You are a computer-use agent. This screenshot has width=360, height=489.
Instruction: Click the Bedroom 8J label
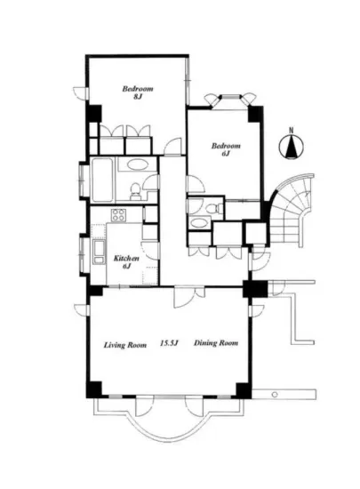pos(138,92)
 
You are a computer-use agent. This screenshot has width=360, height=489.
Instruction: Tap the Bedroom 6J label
pos(226,149)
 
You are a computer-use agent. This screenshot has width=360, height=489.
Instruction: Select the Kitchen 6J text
pos(126,262)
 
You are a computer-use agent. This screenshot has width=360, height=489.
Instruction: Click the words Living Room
pos(125,345)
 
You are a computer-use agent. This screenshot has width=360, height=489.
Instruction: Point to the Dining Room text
pos(216,343)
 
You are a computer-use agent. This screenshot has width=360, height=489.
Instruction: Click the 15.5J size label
pos(169,343)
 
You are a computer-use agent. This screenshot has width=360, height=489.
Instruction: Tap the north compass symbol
pos(292,148)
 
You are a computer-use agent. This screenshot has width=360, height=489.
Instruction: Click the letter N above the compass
pos(292,131)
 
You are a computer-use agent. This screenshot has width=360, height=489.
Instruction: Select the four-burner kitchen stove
pos(119,215)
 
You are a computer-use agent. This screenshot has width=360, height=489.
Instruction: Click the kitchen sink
pos(100,253)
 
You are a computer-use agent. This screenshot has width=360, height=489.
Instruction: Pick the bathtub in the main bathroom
pos(102,180)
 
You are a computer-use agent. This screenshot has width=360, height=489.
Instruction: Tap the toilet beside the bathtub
pos(135,191)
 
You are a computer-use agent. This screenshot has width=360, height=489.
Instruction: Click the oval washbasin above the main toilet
pos(137,164)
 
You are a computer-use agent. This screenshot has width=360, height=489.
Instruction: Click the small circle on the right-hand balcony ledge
pos(275,395)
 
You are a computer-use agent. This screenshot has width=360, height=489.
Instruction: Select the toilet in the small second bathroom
pos(214,208)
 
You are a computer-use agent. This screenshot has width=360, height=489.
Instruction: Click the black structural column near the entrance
pos(255,289)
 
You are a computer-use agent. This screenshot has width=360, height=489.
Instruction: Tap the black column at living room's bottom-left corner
pos(94,389)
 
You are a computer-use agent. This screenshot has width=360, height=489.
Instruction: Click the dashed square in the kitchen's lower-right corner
pos(150,276)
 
